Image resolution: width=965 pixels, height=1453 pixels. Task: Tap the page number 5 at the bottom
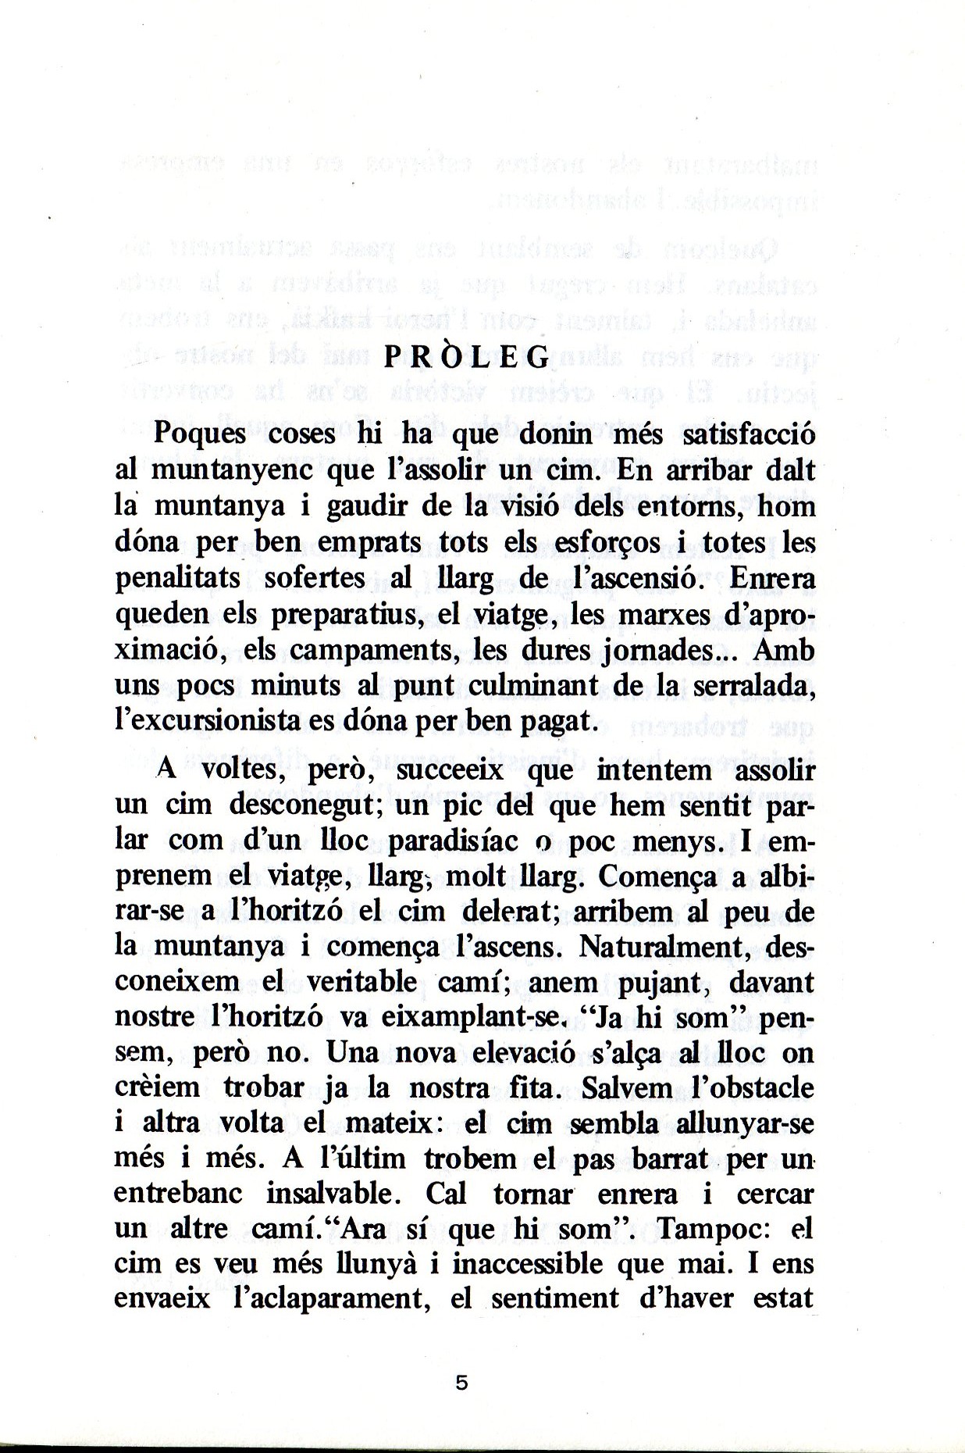pyautogui.click(x=461, y=1383)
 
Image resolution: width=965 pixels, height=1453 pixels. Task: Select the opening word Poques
pyautogui.click(x=200, y=434)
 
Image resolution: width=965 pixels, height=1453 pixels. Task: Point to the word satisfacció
pyautogui.click(x=749, y=434)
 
